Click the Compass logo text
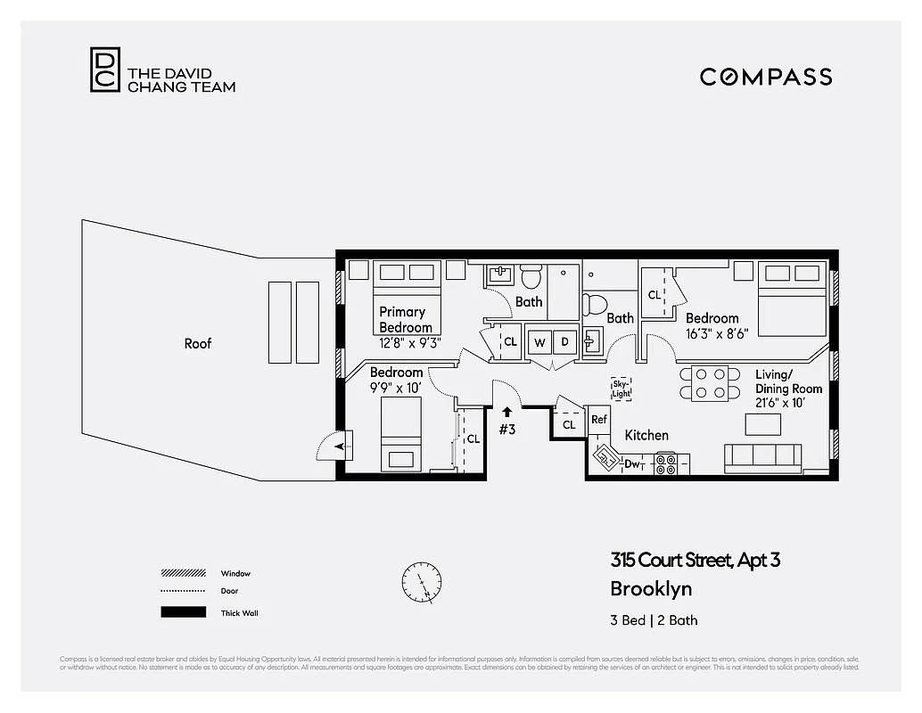click(765, 77)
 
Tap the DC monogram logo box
click(103, 70)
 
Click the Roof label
click(197, 343)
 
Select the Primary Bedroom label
click(405, 319)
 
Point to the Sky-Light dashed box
click(622, 389)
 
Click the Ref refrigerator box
click(599, 420)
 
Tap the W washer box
click(539, 341)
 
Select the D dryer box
click(564, 341)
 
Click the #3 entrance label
click(507, 429)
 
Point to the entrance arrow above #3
click(506, 412)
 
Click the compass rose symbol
click(421, 583)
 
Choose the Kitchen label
click(646, 435)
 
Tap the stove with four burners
click(666, 463)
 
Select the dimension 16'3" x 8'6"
click(716, 332)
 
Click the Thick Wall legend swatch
click(182, 612)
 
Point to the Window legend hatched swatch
click(182, 573)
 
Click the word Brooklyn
click(651, 589)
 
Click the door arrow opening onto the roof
click(338, 445)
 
